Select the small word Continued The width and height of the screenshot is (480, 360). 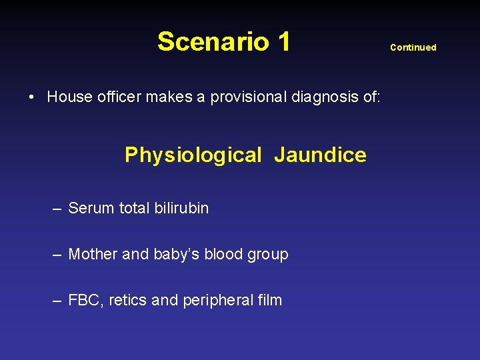[x=413, y=47]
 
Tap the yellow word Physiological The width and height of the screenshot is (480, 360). [x=193, y=155]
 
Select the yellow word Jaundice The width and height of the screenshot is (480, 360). [x=320, y=155]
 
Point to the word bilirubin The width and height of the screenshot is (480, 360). [x=181, y=208]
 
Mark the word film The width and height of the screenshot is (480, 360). [x=269, y=300]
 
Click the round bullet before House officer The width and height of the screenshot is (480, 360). [x=32, y=97]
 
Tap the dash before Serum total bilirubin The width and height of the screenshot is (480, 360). [x=58, y=209]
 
